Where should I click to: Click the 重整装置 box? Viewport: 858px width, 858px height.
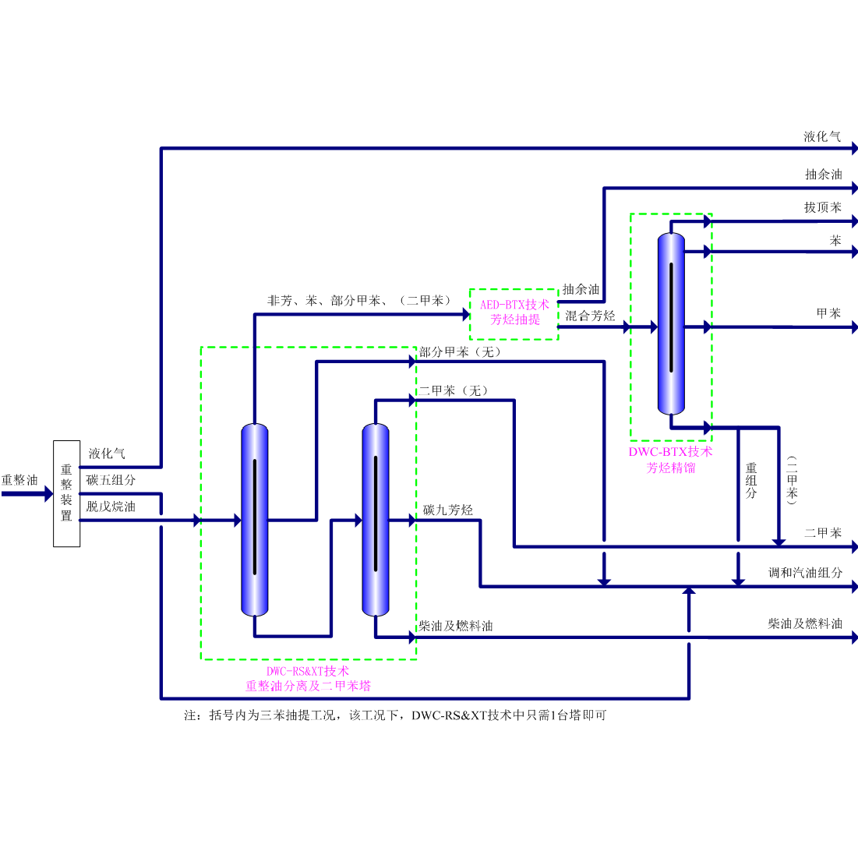coord(66,493)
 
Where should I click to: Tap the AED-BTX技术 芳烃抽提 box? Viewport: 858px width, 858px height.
coord(514,312)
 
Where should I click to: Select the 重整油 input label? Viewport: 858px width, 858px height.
coord(19,480)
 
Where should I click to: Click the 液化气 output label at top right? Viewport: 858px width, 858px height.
coord(822,137)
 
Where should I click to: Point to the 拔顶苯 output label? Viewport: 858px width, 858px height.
coord(822,208)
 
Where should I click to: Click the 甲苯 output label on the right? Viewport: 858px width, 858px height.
coord(828,314)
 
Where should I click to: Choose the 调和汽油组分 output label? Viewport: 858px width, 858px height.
coord(805,573)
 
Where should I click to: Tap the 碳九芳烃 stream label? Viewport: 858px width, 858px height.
coord(448,510)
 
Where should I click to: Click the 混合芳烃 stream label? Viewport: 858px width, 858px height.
coord(590,316)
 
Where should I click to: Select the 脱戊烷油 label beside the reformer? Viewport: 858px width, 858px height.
coord(111,507)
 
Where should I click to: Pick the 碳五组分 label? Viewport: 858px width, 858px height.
coord(111,480)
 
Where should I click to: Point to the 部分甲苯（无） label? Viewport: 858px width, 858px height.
coord(460,352)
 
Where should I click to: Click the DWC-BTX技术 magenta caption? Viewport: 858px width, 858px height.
coord(670,452)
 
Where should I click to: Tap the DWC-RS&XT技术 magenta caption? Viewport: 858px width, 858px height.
coord(308,671)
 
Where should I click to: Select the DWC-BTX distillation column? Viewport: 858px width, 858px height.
coord(671,323)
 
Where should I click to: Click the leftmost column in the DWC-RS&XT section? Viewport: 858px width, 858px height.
coord(255,520)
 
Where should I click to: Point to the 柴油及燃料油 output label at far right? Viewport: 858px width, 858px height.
coord(804,624)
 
